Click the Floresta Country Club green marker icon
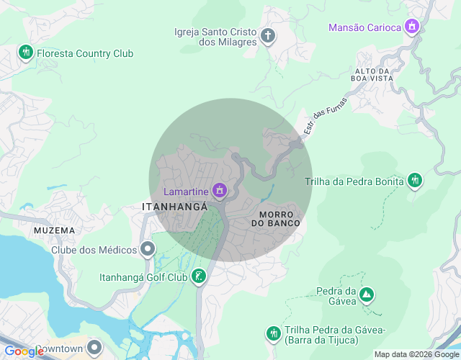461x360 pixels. click(26, 53)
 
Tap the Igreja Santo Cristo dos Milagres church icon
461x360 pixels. click(267, 36)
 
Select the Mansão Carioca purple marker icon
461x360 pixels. click(412, 27)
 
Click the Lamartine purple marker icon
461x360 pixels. click(220, 191)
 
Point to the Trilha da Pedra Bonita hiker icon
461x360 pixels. click(414, 181)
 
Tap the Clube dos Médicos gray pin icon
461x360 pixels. click(148, 250)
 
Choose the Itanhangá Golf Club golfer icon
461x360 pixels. click(199, 276)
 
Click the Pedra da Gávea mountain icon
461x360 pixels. click(367, 294)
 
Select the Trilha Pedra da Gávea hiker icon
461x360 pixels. click(272, 333)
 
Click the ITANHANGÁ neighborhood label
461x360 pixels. click(175, 207)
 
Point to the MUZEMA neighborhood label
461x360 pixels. click(54, 230)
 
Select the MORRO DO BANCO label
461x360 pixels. click(275, 220)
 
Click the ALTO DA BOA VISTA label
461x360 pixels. click(372, 75)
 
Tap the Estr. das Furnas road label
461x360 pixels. click(325, 115)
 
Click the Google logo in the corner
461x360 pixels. click(24, 351)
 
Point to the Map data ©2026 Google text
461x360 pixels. click(416, 354)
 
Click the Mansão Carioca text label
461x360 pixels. click(364, 27)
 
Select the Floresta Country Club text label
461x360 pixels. click(85, 53)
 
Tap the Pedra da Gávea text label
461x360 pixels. click(336, 296)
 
